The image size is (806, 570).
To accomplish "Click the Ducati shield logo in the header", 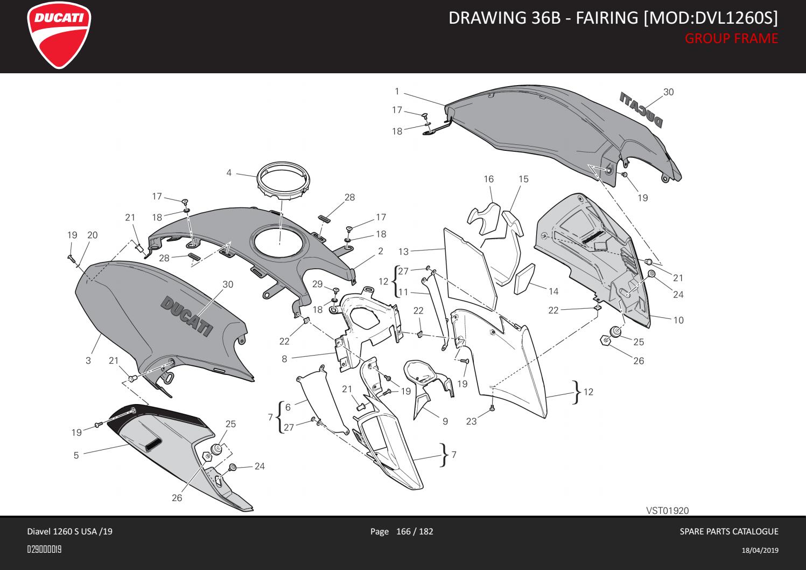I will [59, 37].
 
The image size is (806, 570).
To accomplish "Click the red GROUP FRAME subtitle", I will [731, 38].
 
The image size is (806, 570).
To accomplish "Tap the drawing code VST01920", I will [667, 510].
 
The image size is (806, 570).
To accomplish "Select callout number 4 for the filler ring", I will [229, 173].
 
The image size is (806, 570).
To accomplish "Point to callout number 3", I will [88, 360].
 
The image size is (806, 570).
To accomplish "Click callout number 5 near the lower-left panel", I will [76, 455].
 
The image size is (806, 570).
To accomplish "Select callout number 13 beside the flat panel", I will [404, 252].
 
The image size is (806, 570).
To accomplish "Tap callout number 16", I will [488, 179].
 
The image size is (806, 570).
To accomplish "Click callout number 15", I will [523, 179].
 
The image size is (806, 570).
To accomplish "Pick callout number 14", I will [553, 291].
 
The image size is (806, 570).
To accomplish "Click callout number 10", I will [678, 320].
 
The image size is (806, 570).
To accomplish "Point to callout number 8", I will [284, 358].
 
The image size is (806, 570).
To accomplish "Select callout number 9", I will [445, 421].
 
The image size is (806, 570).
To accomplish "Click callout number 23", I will [471, 421].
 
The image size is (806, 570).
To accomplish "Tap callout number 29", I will [317, 284].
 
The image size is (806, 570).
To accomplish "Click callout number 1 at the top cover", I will [396, 91].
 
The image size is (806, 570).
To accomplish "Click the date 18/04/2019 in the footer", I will [760, 550].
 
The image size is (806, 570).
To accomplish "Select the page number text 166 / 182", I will [414, 532].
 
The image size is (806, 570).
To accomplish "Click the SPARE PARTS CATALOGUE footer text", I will [729, 532].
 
